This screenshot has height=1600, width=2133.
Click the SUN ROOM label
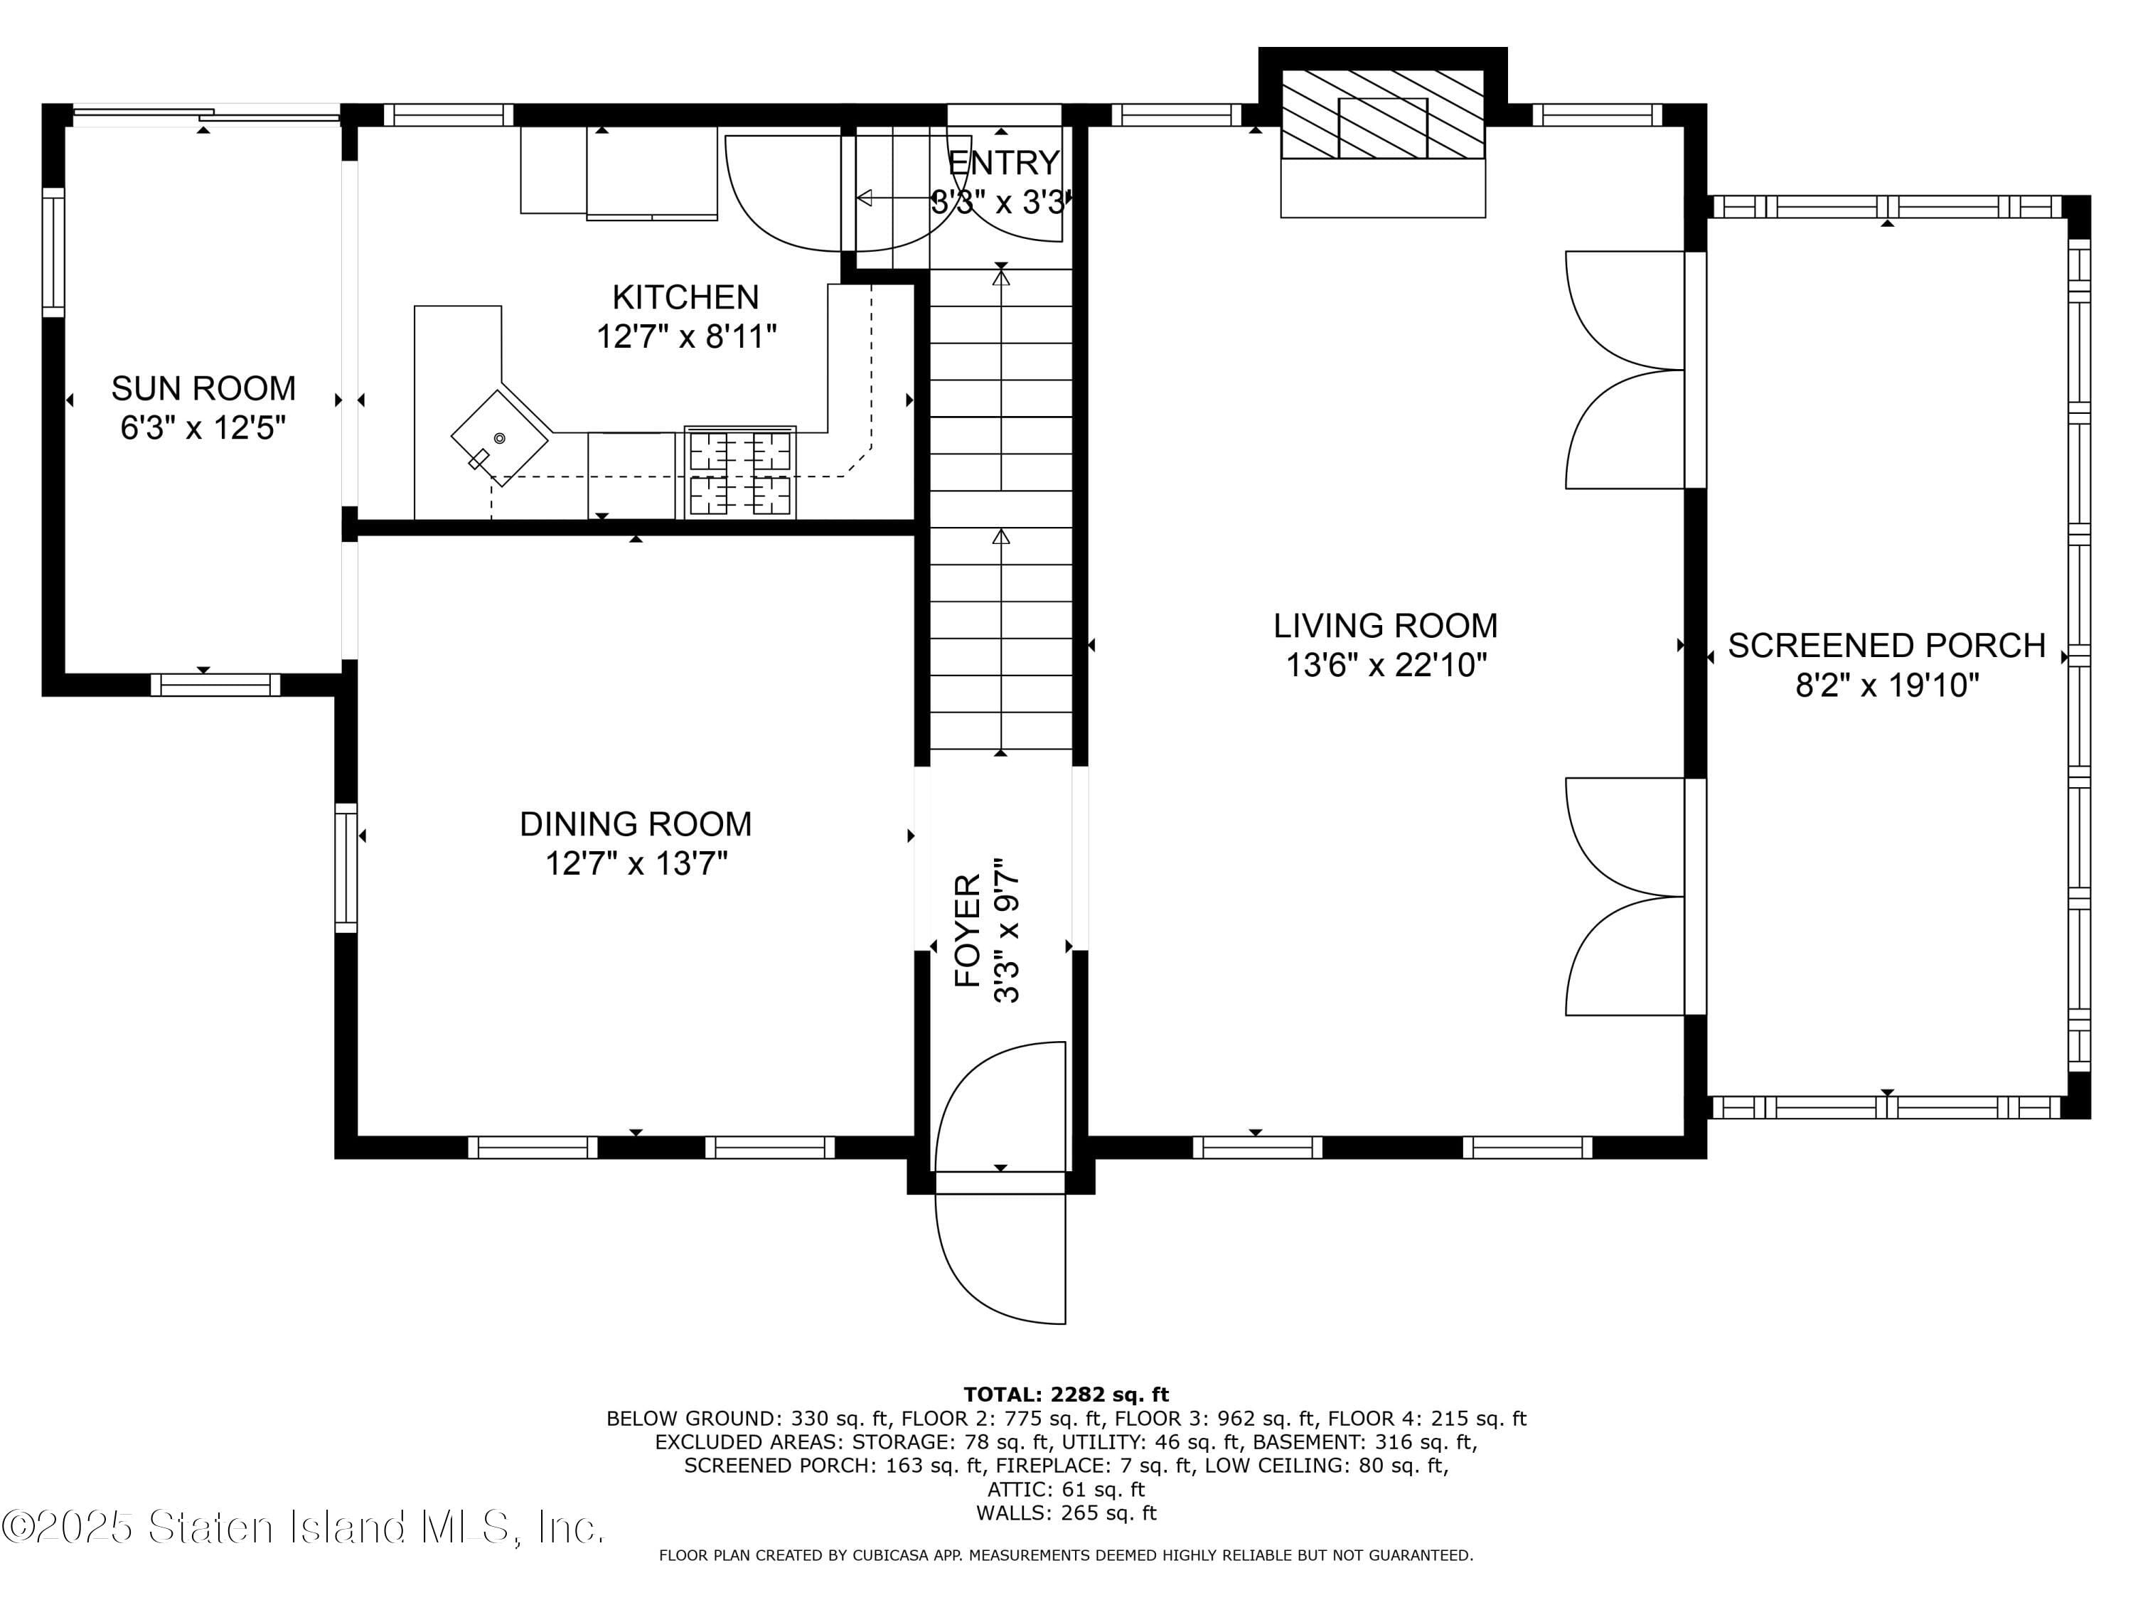click(x=203, y=389)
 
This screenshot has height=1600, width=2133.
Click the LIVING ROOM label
click(x=1385, y=626)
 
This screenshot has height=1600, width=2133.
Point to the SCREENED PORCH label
click(x=1886, y=645)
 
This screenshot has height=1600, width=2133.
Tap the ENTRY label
click(x=1004, y=163)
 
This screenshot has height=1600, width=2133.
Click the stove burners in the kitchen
click(x=739, y=473)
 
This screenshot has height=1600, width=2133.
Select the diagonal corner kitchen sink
click(x=500, y=438)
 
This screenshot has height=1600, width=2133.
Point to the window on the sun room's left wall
click(x=53, y=252)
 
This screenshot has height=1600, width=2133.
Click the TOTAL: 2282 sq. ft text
click(x=1066, y=1394)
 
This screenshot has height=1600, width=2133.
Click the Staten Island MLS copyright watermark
click(x=304, y=1527)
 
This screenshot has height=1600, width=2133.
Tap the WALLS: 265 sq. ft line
click(x=1066, y=1513)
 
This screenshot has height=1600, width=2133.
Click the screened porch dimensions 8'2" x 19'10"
click(x=1886, y=686)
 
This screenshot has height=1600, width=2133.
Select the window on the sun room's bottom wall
click(x=215, y=685)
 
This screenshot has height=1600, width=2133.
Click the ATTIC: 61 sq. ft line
click(x=1066, y=1489)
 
